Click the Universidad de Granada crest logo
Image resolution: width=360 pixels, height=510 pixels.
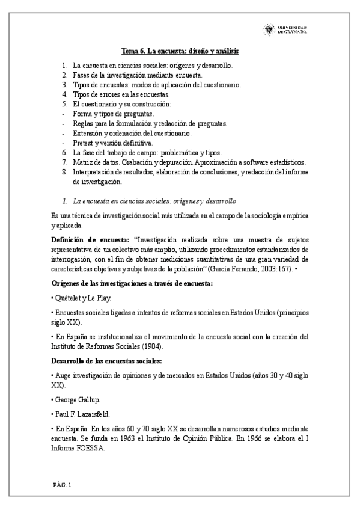click(x=269, y=29)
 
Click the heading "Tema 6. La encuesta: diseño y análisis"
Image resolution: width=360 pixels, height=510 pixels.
click(x=180, y=52)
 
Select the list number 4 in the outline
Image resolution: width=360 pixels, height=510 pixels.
click(x=64, y=94)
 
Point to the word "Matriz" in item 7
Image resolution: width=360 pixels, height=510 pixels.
click(x=82, y=162)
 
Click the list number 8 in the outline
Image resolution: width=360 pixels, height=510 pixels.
click(x=64, y=172)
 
